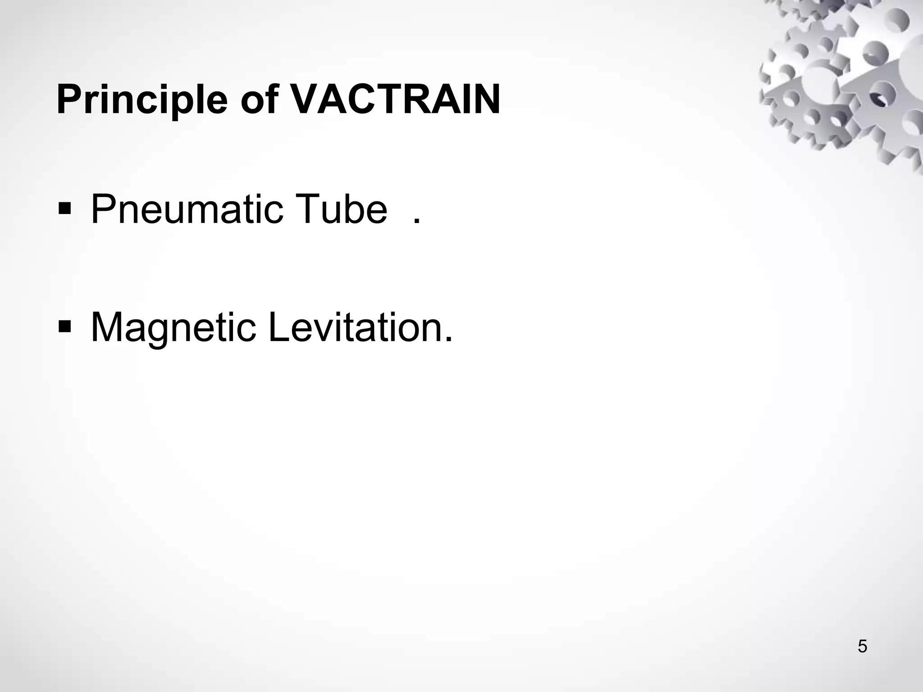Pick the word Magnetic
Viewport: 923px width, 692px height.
coord(174,328)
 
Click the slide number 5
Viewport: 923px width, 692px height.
coord(862,646)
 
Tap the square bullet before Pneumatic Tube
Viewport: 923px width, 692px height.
coord(64,209)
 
